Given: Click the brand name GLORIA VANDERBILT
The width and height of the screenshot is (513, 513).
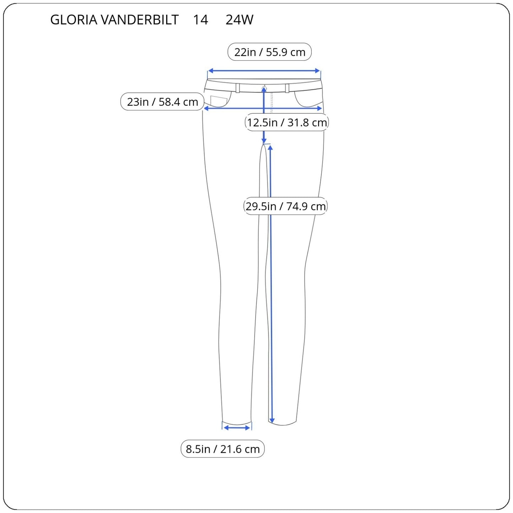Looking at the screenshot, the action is click(x=114, y=20).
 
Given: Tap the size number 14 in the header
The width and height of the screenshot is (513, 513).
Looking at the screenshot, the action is click(x=200, y=20).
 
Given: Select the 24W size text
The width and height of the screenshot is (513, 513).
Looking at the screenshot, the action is click(x=239, y=20).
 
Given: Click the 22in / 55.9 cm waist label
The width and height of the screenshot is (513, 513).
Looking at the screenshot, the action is click(x=269, y=52).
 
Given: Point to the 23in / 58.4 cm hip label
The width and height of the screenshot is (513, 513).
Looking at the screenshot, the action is click(x=162, y=102).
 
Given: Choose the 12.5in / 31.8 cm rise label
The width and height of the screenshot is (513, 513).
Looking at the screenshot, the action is click(x=287, y=122).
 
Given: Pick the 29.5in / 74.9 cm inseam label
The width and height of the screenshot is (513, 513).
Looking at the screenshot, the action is click(x=285, y=206).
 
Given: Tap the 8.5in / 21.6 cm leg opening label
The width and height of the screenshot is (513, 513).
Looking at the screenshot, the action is click(x=223, y=449).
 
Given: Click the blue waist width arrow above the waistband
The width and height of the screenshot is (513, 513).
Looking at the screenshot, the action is click(x=264, y=71).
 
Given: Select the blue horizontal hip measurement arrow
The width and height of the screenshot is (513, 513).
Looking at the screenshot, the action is click(x=263, y=108).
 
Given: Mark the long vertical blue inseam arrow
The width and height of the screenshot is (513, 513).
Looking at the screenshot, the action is click(x=271, y=284).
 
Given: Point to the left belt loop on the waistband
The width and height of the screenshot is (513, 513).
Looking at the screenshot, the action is click(x=238, y=88).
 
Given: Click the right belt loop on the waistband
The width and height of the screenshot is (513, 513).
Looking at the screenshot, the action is click(x=287, y=88).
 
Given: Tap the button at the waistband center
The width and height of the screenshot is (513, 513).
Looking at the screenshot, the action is click(x=264, y=88).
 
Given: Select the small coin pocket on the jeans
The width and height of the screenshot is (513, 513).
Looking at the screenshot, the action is click(x=219, y=101).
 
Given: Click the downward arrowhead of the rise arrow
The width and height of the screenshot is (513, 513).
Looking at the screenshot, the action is click(x=264, y=140).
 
